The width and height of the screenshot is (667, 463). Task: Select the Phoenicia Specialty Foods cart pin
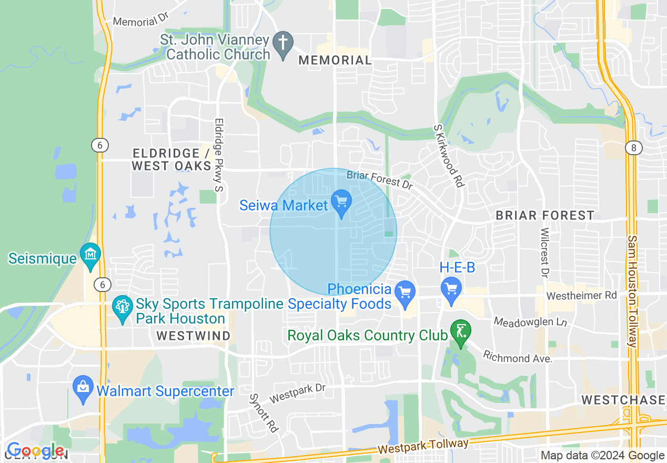click(405, 292)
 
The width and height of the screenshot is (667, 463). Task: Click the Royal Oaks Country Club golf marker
click(461, 333)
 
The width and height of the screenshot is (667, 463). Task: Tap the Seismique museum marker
click(91, 255)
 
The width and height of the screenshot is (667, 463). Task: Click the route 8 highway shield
click(633, 148)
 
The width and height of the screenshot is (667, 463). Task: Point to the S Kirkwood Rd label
click(448, 156)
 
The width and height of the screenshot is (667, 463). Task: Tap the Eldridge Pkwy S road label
click(219, 153)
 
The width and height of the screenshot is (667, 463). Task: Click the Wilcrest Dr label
click(545, 253)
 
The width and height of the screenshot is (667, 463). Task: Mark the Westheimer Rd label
click(581, 296)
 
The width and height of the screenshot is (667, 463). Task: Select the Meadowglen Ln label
click(531, 322)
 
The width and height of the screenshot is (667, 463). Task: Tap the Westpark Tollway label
click(423, 447)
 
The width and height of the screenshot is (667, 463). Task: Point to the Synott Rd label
click(264, 412)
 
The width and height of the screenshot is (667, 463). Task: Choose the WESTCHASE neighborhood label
click(623, 400)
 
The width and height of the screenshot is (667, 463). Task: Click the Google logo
click(35, 451)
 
